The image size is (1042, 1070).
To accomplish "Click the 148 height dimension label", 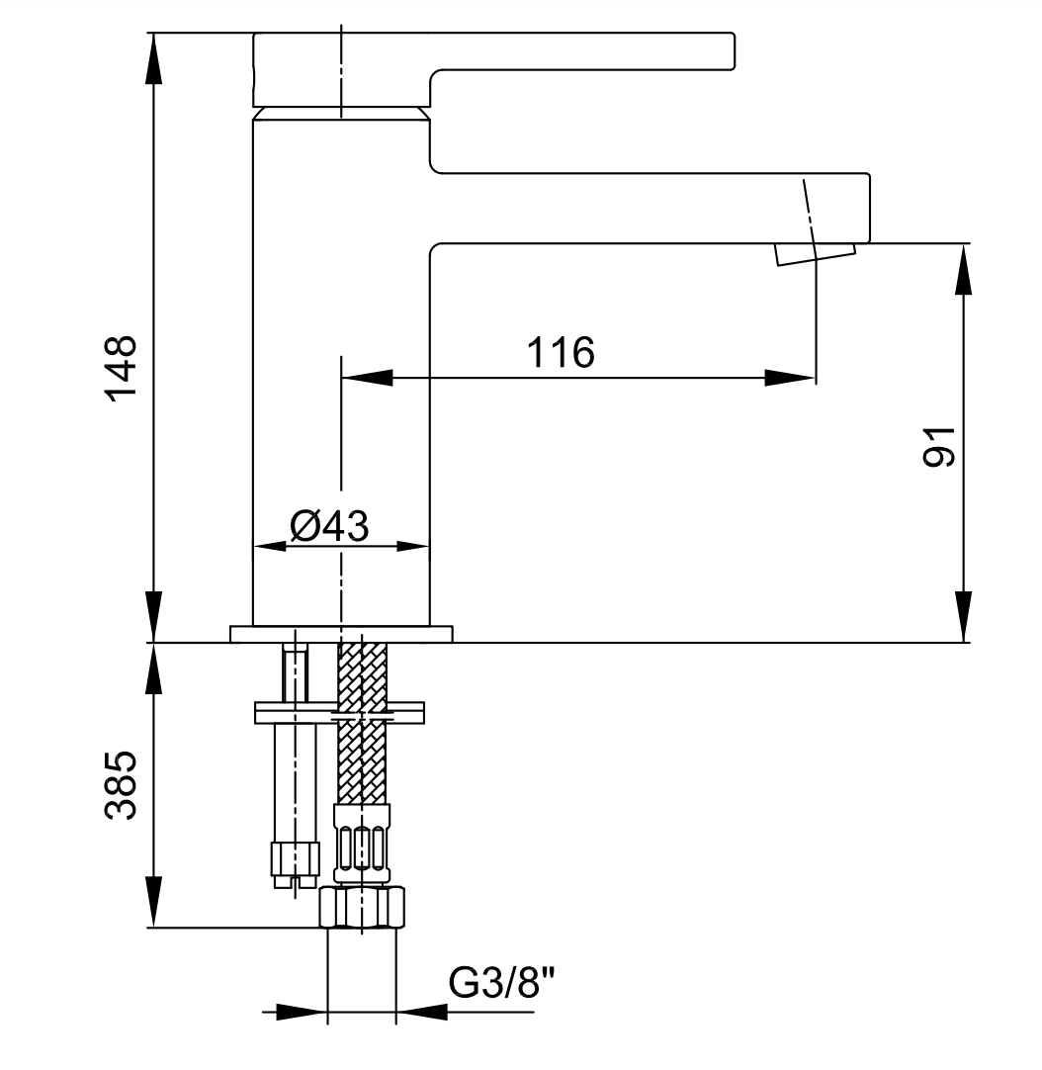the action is coord(121,369).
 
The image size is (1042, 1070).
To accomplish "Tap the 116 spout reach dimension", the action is coord(561,353).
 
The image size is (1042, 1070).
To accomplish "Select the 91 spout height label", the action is coord(939,447).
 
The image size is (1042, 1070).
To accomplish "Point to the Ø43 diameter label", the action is coord(329,526).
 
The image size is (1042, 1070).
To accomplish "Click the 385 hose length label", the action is coord(121,784).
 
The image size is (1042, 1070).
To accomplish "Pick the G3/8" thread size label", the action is coord(501,983).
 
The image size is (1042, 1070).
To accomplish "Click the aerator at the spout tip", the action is coord(815,254).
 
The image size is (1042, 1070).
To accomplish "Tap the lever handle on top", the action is coord(493,68).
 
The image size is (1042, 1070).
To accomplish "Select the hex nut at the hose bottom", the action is coord(363,907).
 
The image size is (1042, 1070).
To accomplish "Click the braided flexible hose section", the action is coord(363,723).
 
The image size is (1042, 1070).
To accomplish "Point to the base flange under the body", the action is coord(341,634).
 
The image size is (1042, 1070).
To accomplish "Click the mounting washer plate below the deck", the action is coord(339,712).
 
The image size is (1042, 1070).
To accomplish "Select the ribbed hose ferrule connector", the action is coord(362,843).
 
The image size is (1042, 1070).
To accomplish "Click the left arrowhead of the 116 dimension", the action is coord(367,378).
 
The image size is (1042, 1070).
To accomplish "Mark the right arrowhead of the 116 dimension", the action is coord(790,378).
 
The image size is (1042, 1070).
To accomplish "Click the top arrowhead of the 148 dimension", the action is coord(154,58).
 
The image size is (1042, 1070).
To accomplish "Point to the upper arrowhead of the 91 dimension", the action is coord(963,270).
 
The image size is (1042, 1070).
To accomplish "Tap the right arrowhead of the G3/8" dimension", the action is coord(422,1012).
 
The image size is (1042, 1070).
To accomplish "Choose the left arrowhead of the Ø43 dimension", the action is coord(270,546).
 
